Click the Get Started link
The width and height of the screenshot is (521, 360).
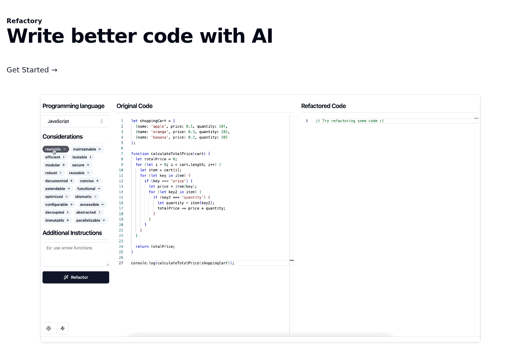tap(32, 70)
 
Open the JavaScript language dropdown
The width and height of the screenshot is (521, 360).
tap(76, 121)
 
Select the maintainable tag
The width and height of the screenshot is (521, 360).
tap(87, 149)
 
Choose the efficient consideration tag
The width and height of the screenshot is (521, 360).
tap(55, 157)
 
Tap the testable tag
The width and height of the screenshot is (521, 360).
tap(82, 157)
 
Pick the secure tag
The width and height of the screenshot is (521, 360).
tap(81, 165)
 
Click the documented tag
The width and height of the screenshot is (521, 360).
tap(59, 181)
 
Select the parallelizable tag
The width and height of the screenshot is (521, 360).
tap(91, 220)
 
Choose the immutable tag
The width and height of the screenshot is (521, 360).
tap(57, 220)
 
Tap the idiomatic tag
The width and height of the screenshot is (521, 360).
tap(86, 197)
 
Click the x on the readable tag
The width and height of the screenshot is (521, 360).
tap(65, 149)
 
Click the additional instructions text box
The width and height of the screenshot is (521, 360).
tap(76, 254)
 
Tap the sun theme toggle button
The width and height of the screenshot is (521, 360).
tap(49, 328)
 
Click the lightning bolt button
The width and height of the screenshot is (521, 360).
tap(63, 328)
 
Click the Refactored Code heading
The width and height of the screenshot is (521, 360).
tap(324, 106)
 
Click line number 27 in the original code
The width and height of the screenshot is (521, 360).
tap(121, 263)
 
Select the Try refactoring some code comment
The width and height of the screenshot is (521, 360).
tap(350, 121)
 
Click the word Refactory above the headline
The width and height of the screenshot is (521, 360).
tap(24, 21)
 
